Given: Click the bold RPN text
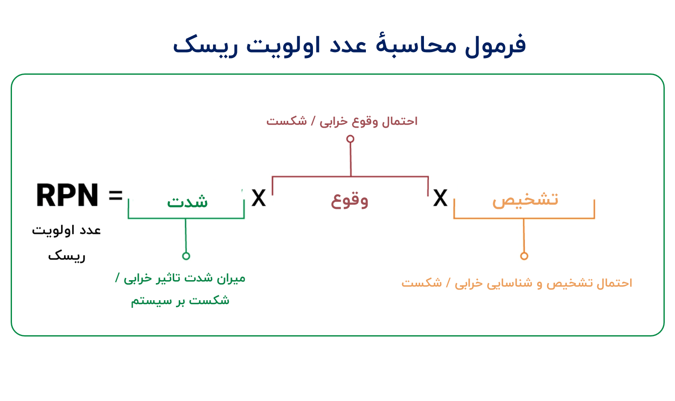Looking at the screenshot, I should [67, 196].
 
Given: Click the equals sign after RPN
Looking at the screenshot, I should [115, 196].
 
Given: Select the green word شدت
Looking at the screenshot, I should [187, 201].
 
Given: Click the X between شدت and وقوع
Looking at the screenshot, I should [258, 198].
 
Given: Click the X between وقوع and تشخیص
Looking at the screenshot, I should [440, 198].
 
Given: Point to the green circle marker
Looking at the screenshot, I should [186, 256].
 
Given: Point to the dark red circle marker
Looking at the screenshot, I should [350, 139].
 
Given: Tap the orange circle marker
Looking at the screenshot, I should [524, 256].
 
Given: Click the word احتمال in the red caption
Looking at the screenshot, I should [400, 121].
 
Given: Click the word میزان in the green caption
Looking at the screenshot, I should [231, 278].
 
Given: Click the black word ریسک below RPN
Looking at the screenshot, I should [67, 256].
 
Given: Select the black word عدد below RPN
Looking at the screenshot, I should [90, 231].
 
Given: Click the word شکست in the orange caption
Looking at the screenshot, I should [421, 283].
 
